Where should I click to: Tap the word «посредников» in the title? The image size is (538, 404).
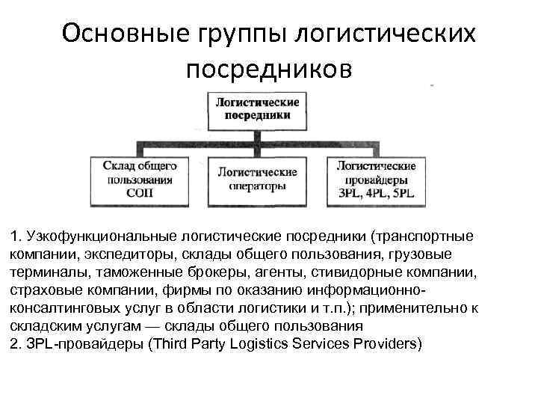click(268, 69)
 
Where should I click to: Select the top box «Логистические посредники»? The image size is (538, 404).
click(257, 108)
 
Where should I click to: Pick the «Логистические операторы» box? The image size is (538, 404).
click(257, 180)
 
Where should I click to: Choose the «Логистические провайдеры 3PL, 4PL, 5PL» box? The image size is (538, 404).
click(377, 180)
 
